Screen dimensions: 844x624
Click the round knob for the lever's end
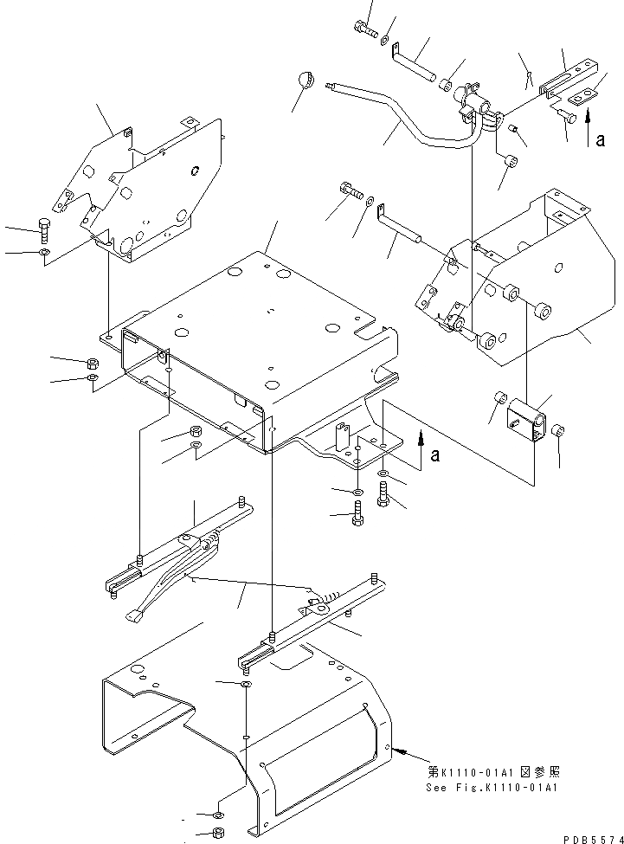[x=304, y=80]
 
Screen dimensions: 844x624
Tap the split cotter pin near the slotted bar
[x=528, y=80]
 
